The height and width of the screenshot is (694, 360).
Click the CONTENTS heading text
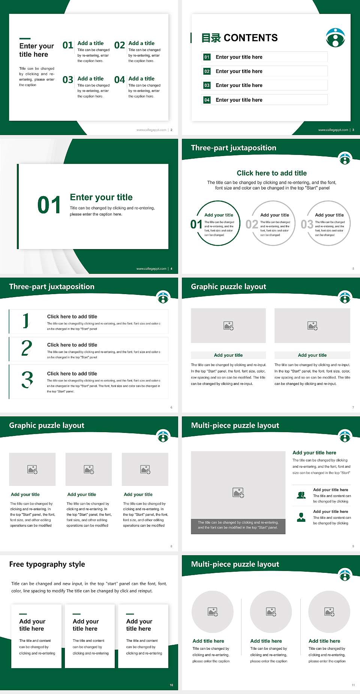tap(250, 38)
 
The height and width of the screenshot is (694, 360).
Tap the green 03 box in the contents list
tap(207, 86)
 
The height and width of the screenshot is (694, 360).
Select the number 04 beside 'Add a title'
tap(120, 80)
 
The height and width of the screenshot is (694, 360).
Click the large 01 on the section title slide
tap(49, 205)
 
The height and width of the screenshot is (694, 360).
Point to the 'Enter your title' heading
tap(101, 197)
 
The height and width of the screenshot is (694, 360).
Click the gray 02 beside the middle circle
tap(252, 224)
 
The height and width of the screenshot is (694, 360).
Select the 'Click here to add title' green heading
tap(271, 173)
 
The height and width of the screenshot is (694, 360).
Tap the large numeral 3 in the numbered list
tap(27, 380)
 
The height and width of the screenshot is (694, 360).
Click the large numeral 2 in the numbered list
tap(27, 348)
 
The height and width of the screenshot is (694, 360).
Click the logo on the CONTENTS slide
tap(335, 38)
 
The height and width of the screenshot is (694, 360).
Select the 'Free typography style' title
tap(47, 564)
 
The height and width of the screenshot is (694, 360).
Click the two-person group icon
tap(301, 495)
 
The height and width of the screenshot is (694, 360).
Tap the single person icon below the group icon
tap(301, 517)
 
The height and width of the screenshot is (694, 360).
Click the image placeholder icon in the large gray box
tap(238, 493)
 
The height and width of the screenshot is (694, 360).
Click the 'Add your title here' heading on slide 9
tap(314, 453)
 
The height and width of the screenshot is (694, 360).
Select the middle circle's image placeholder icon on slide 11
tap(271, 612)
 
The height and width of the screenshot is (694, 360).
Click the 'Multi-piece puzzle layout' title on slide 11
tap(235, 564)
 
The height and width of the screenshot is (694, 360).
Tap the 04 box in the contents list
tap(207, 100)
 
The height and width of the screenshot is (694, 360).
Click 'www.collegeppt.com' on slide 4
tap(151, 269)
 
